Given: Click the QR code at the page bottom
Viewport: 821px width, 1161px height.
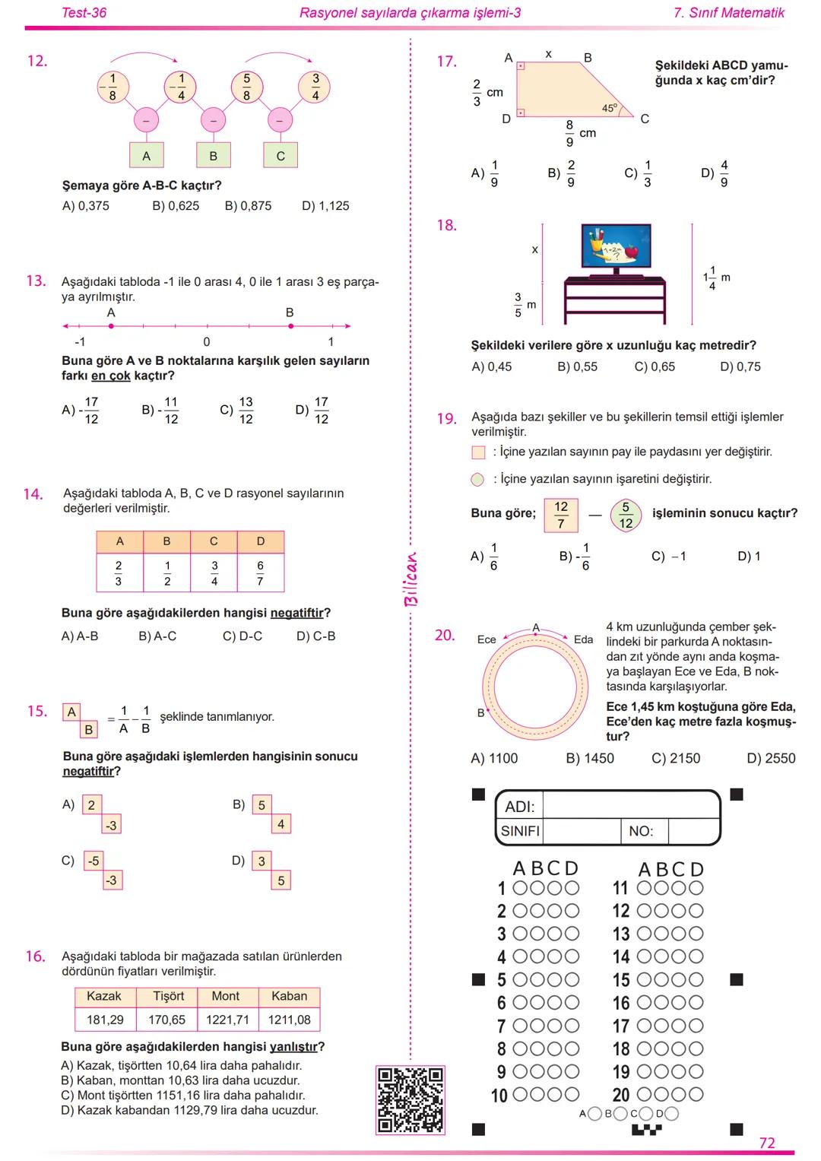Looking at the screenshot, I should (410, 1100).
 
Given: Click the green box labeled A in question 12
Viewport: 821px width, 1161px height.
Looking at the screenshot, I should (146, 156).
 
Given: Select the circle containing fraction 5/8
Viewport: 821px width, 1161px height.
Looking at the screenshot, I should (246, 87).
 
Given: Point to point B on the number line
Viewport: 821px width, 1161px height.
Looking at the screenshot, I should (290, 326).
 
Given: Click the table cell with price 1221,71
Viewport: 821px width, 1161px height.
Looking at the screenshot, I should (227, 1020).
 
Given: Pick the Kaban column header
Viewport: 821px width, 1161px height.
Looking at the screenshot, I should (289, 996).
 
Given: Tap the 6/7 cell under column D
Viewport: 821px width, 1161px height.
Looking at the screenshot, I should (260, 573).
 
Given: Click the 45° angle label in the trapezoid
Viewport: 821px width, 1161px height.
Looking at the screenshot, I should (610, 109).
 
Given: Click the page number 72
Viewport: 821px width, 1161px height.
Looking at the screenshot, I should (767, 1143).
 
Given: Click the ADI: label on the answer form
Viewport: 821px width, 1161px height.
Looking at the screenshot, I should (520, 807).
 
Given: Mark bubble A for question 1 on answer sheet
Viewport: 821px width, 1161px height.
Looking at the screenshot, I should (521, 888).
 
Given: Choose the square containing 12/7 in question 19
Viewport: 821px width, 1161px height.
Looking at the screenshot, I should (561, 515).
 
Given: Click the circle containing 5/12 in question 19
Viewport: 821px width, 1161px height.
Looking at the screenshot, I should (626, 515).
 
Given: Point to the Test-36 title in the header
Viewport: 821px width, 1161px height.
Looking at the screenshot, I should (84, 13).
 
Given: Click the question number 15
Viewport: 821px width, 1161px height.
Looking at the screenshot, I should (36, 712).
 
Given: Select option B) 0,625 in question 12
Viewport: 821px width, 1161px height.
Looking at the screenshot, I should (176, 206).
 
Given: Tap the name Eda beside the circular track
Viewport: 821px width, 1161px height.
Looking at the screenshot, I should (583, 639).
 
